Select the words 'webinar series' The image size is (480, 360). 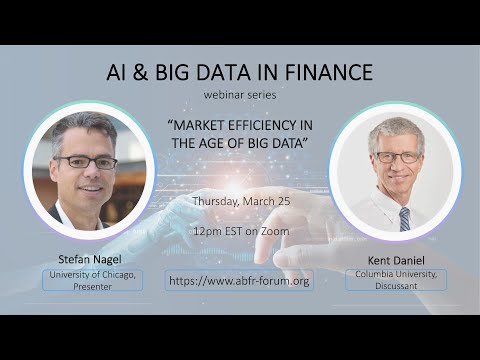(x=239, y=96)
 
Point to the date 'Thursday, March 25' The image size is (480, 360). (x=240, y=201)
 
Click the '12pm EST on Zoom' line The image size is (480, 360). (x=240, y=231)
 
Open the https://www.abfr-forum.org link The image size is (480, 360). (x=240, y=281)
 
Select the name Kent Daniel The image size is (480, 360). (x=396, y=258)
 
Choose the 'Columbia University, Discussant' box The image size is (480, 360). (x=396, y=279)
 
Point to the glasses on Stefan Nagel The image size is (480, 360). (x=86, y=162)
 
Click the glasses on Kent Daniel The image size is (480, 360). (x=397, y=157)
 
